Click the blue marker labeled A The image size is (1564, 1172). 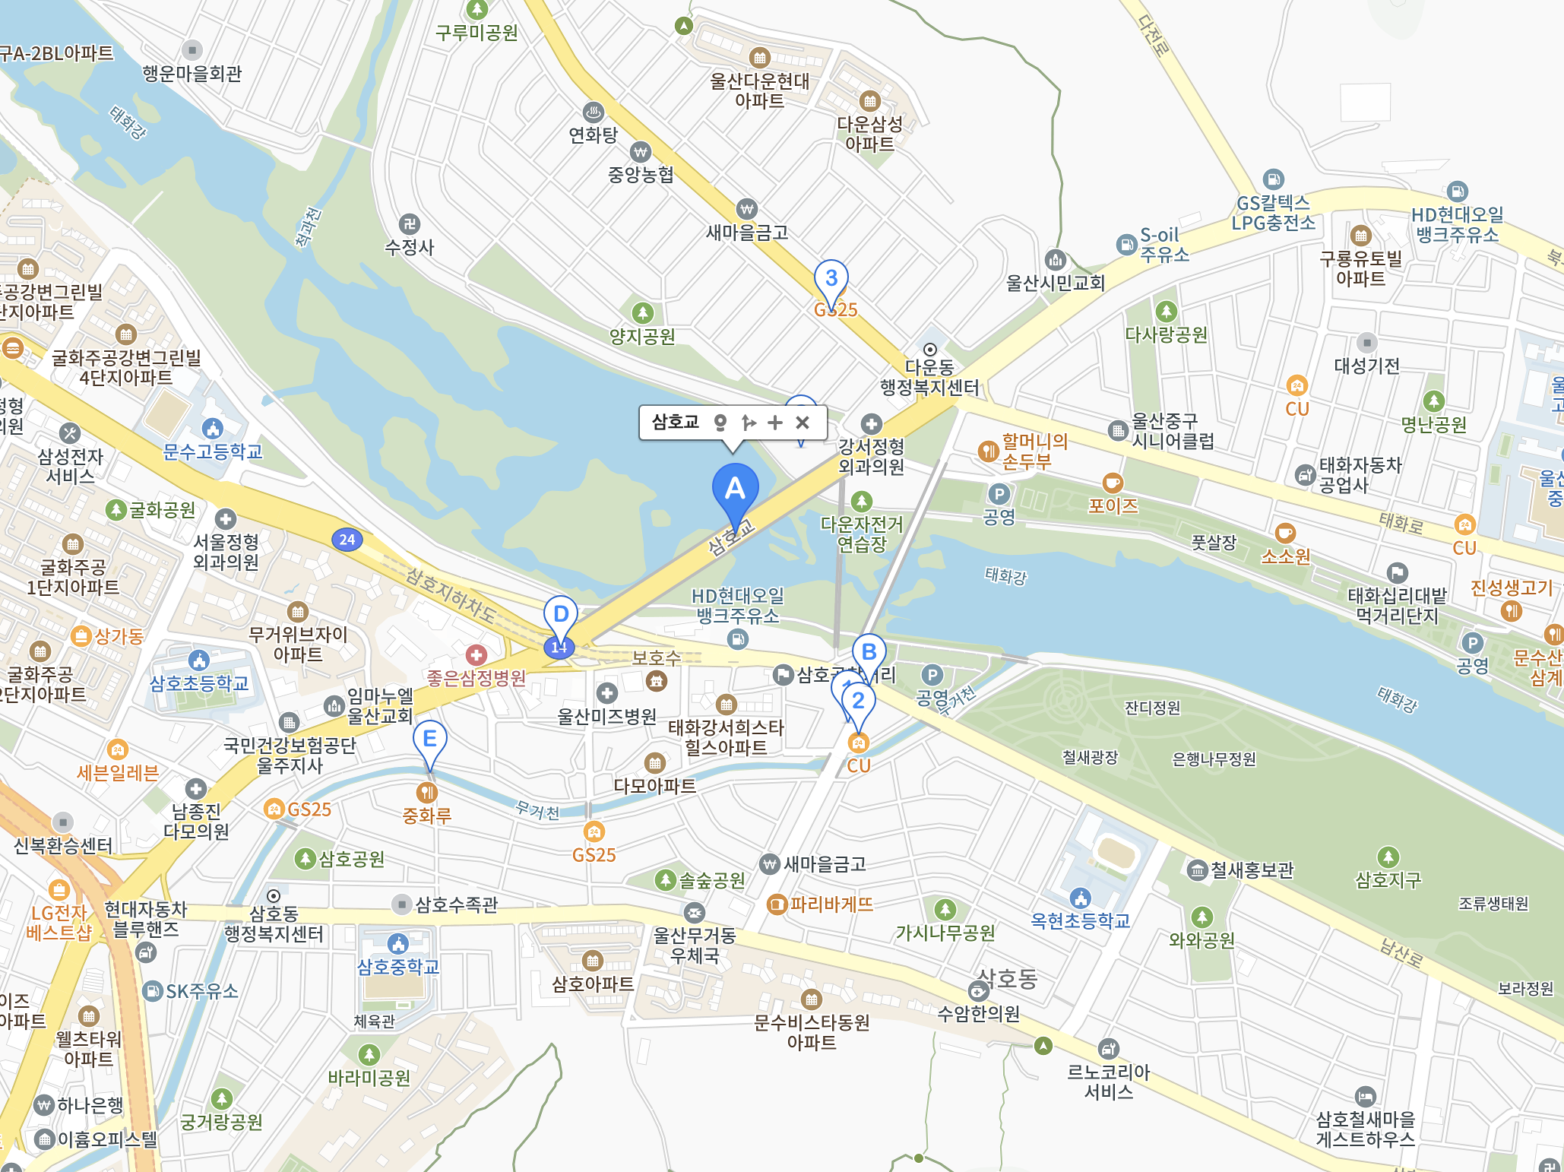(735, 489)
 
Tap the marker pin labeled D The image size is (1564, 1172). (561, 614)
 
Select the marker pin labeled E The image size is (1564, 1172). (429, 738)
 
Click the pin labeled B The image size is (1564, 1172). (869, 652)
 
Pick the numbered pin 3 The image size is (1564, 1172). (831, 278)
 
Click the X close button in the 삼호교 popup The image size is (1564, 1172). (803, 423)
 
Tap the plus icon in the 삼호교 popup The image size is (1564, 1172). (775, 423)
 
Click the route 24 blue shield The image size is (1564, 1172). (347, 540)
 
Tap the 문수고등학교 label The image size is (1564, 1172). (213, 451)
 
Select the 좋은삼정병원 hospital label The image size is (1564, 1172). (476, 677)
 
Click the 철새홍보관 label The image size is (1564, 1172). (1251, 869)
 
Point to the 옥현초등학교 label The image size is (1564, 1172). (1080, 920)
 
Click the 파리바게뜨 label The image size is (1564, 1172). (831, 904)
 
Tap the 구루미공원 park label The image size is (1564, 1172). (476, 33)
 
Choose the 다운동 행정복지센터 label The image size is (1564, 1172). (929, 378)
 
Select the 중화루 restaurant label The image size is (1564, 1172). (427, 816)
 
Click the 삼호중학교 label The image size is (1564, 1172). (398, 967)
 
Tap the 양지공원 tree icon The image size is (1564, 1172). (643, 312)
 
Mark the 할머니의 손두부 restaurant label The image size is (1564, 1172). (1034, 451)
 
